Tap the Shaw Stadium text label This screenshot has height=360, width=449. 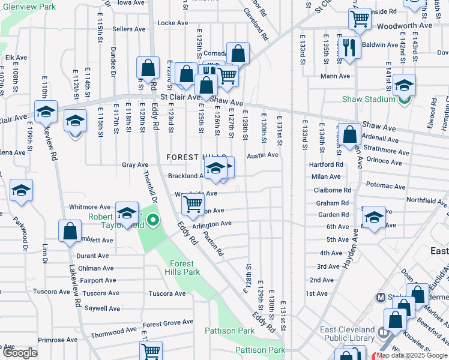click(x=366, y=99)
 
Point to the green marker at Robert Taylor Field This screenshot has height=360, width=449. click(x=153, y=221)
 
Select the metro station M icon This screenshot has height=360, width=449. click(x=380, y=297)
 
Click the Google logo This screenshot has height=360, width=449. click(x=20, y=353)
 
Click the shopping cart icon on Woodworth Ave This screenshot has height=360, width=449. click(x=360, y=19)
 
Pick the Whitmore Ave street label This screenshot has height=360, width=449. click(x=89, y=206)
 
